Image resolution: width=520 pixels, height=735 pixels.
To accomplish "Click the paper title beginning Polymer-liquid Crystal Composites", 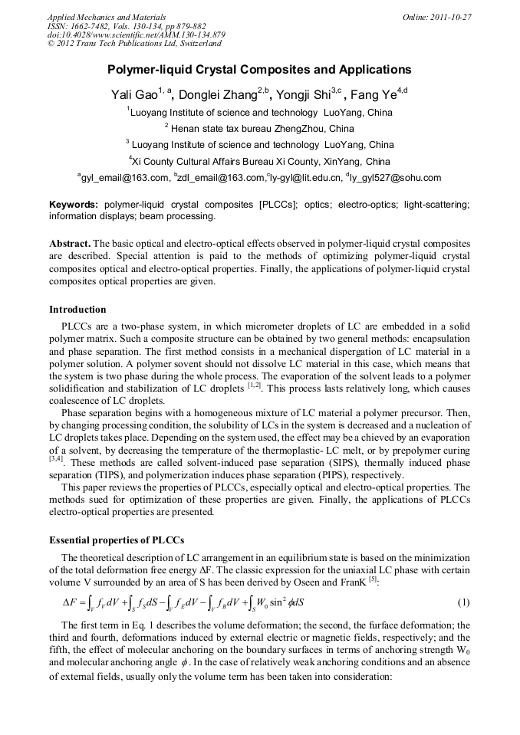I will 259,70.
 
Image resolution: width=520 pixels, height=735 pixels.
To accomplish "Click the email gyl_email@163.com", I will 125,179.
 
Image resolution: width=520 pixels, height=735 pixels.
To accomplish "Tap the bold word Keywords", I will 73,205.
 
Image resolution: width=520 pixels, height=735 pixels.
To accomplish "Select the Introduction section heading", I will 77,310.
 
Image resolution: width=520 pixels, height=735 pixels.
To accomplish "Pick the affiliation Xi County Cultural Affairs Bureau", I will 259,162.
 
